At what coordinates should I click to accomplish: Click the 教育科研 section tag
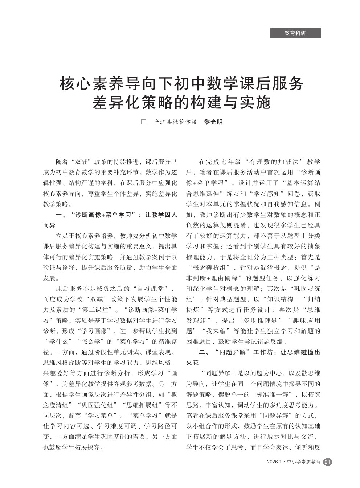pyautogui.click(x=295, y=33)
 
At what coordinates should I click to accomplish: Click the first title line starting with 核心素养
pyautogui.click(x=181, y=84)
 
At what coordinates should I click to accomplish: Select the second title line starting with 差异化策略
pyautogui.click(x=181, y=103)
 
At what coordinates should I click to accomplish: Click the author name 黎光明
pyautogui.click(x=213, y=122)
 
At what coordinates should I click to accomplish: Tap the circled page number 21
pyautogui.click(x=327, y=462)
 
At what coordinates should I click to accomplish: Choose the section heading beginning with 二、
pyautogui.click(x=253, y=352)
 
